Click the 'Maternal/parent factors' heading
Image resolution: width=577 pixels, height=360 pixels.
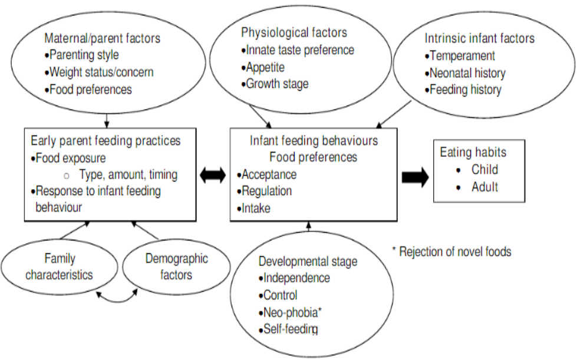coord(103,38)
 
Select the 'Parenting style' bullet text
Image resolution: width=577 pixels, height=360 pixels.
coord(84,55)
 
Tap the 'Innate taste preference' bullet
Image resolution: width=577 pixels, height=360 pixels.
coord(300,50)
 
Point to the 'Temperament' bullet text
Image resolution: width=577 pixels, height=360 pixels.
coord(462,55)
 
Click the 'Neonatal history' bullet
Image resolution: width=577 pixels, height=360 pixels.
coord(467,73)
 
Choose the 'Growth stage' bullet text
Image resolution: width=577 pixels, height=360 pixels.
coord(277,84)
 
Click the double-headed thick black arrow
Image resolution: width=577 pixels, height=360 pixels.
coord(213,176)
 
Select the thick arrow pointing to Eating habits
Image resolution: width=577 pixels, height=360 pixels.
coord(415,177)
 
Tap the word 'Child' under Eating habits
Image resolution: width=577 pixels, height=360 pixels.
coord(484,170)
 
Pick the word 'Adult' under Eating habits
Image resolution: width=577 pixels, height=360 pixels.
coord(484,187)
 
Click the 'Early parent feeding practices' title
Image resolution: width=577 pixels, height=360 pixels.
coord(105,141)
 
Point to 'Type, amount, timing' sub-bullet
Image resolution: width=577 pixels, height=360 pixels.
coord(128,174)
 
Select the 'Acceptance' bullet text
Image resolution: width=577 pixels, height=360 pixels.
coord(269,174)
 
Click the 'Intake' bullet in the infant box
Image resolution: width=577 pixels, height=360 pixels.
coord(256,209)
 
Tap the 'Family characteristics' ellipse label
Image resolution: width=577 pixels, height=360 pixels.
coord(60,266)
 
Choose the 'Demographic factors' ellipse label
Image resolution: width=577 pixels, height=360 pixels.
coord(176,266)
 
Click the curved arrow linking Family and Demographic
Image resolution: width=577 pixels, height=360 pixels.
coord(117,301)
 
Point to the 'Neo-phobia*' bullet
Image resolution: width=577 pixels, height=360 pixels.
coord(292,312)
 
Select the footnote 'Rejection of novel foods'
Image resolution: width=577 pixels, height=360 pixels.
coord(455,252)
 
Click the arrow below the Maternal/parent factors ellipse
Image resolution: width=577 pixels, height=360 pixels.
coord(106,120)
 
